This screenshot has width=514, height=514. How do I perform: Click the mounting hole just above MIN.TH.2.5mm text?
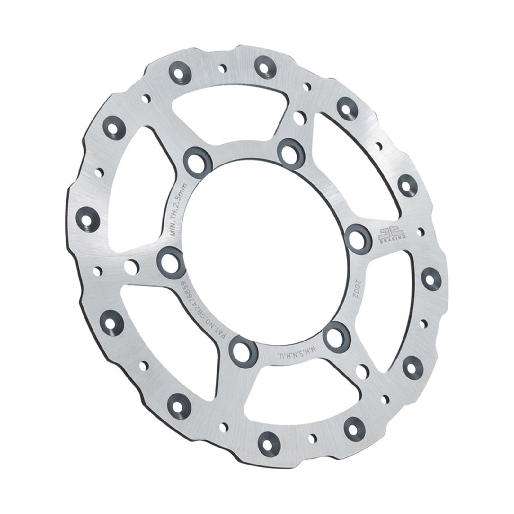pyautogui.click(x=197, y=161)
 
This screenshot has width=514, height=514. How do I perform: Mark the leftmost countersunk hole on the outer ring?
pyautogui.click(x=87, y=219)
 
